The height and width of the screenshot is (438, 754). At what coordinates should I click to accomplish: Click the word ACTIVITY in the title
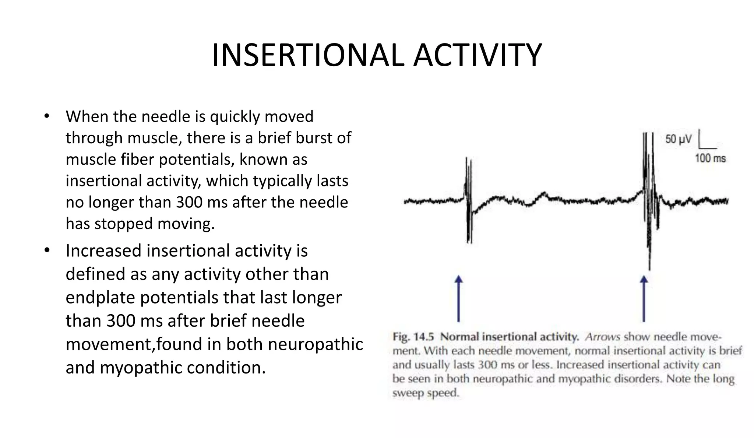point(477,55)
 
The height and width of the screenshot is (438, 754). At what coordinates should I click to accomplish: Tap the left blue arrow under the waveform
point(458,298)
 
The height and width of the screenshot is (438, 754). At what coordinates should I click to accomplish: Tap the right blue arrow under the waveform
point(644,298)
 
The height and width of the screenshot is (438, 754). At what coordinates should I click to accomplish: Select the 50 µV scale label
point(678,139)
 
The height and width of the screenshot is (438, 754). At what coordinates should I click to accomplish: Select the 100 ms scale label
point(710,158)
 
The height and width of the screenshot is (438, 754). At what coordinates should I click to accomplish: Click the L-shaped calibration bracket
point(705,142)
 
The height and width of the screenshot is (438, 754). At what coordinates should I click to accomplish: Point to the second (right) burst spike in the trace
point(649,199)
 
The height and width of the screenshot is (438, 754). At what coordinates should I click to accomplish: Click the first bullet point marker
point(46,116)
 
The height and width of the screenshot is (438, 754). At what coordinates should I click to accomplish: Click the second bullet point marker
point(46,250)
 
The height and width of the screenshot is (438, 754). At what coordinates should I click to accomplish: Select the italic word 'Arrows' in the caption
point(603,337)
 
